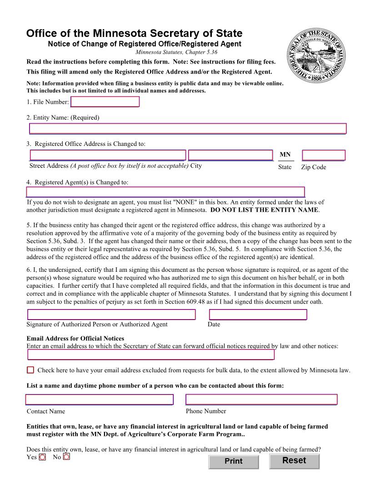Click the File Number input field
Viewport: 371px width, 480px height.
coord(105,102)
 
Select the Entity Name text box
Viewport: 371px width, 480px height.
coord(188,129)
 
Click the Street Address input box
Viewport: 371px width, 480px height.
coord(108,155)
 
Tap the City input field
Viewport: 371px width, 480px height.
coord(231,155)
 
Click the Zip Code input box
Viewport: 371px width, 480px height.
coord(323,155)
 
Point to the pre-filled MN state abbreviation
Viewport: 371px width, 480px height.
coord(285,155)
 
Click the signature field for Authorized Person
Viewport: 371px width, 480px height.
coord(111,315)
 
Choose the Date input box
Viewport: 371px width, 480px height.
coord(258,315)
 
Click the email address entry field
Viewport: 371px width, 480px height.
coord(151,355)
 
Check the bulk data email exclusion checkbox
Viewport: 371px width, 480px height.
coord(30,370)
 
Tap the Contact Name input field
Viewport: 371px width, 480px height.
coord(100,400)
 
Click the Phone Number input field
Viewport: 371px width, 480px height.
coord(261,400)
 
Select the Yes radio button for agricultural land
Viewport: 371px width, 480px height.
coord(42,457)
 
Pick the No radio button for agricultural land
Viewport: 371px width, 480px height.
coord(66,457)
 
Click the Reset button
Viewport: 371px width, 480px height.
coord(294,461)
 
